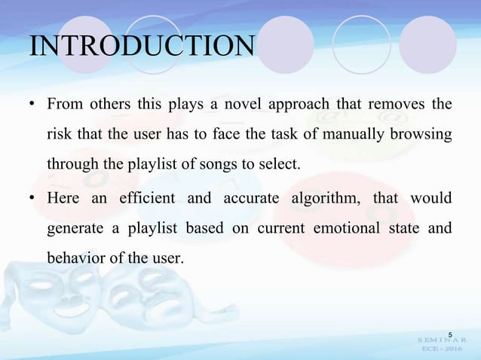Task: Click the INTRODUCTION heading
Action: pyautogui.click(x=142, y=46)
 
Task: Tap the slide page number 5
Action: pyautogui.click(x=450, y=334)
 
